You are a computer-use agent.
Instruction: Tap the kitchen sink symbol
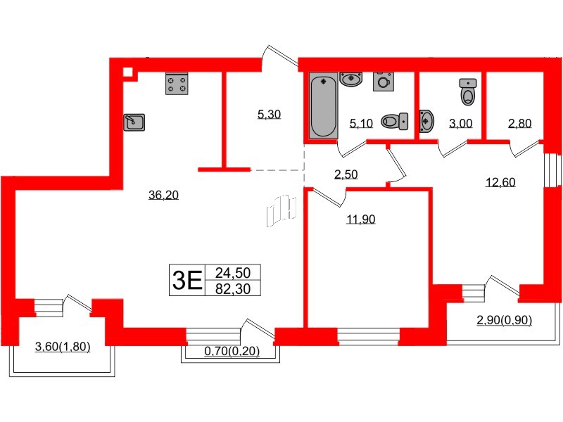click(134, 122)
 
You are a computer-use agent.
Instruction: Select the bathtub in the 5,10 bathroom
click(323, 107)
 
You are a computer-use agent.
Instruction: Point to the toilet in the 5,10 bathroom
click(394, 122)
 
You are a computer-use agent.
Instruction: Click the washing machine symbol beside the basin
click(383, 82)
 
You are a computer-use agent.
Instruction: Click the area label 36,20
click(163, 196)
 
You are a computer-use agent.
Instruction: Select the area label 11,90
click(360, 219)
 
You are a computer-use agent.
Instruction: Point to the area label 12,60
click(500, 182)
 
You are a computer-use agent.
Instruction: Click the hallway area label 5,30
click(269, 115)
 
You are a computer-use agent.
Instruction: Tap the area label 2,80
click(519, 124)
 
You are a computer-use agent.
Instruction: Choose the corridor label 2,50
click(345, 174)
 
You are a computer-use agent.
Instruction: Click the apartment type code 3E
click(186, 280)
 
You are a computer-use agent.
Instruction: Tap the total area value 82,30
click(232, 288)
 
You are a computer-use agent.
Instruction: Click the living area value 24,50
click(232, 272)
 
